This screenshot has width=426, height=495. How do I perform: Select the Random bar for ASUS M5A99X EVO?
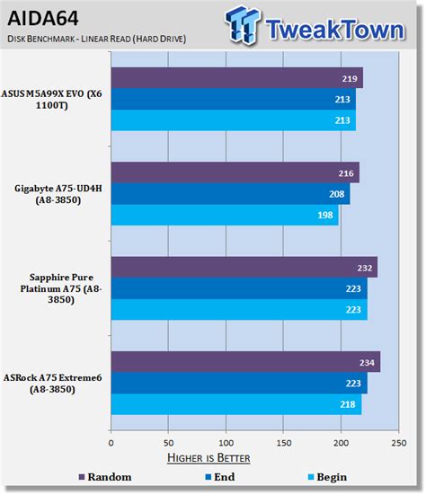tap(236, 76)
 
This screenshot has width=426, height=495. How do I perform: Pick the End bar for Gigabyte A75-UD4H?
tap(230, 194)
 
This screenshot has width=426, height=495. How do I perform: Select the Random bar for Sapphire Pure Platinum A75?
tap(244, 267)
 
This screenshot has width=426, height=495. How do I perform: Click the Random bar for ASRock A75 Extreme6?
tap(244, 361)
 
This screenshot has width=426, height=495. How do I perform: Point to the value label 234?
tap(367, 362)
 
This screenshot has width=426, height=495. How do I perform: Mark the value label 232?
tap(364, 267)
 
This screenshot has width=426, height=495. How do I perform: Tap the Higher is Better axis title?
tap(209, 458)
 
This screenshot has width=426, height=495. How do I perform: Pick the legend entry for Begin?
tap(322, 477)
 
